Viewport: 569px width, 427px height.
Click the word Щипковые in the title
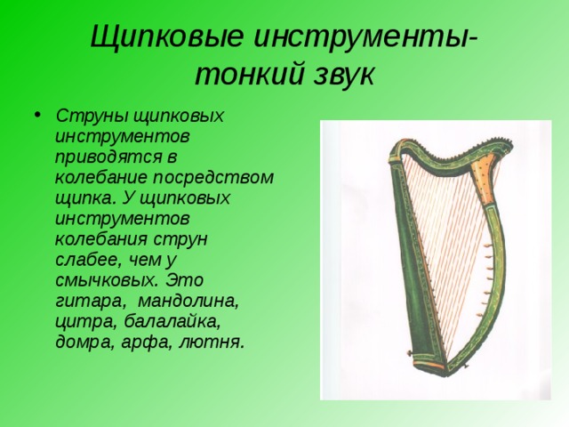(x=167, y=37)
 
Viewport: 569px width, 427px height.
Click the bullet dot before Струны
(x=37, y=115)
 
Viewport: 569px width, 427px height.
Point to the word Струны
(x=92, y=117)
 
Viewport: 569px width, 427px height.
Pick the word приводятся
(x=110, y=158)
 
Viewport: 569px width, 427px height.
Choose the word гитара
(x=91, y=302)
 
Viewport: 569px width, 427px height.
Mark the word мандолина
(x=189, y=302)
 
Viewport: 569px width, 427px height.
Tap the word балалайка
(x=172, y=322)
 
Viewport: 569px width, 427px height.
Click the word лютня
(x=210, y=342)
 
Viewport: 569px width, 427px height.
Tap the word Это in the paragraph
(x=184, y=280)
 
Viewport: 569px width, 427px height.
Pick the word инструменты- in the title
(x=365, y=37)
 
